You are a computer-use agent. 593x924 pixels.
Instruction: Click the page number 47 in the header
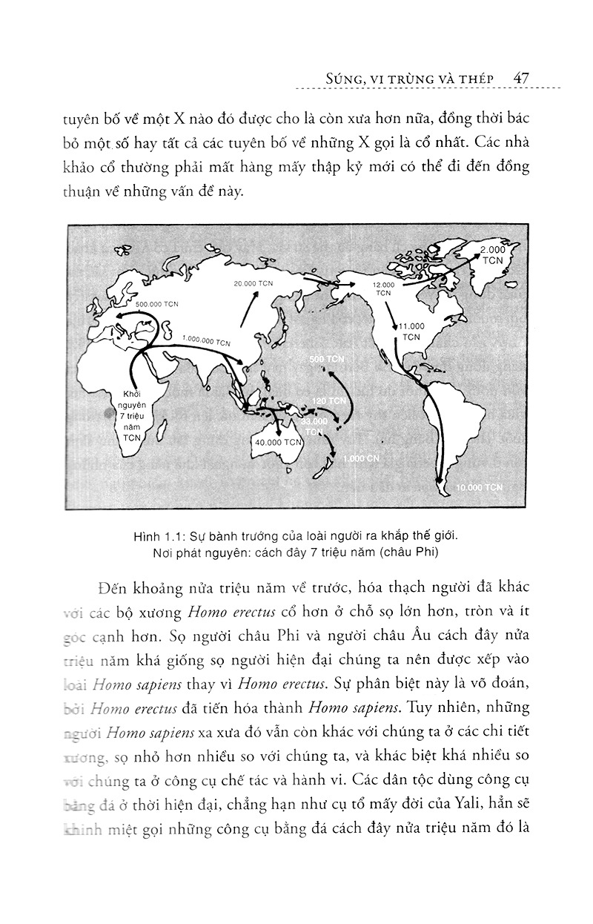(519, 78)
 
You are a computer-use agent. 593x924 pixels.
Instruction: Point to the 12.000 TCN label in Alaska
(383, 288)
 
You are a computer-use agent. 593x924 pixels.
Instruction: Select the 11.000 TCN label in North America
(411, 331)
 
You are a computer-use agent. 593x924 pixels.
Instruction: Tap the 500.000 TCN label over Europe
(157, 304)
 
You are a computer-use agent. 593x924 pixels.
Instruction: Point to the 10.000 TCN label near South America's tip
(480, 487)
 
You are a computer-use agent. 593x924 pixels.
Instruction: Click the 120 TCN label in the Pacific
(328, 400)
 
